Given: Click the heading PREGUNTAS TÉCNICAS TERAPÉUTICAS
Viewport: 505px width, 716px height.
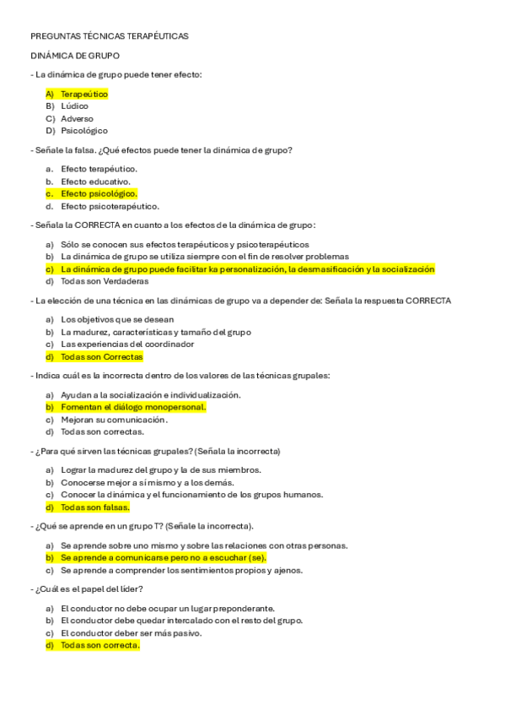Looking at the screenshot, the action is click(x=110, y=36).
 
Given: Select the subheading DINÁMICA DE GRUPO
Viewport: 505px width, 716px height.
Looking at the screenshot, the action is click(x=75, y=55).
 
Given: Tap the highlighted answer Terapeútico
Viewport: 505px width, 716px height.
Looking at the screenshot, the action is click(x=84, y=94).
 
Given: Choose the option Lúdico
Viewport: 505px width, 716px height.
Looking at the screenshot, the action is click(x=74, y=106).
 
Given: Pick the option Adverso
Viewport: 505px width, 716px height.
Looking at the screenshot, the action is click(x=77, y=119).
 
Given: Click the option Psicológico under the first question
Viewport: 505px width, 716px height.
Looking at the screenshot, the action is click(x=84, y=131).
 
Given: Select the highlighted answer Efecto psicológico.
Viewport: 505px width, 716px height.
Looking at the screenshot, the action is click(x=99, y=193).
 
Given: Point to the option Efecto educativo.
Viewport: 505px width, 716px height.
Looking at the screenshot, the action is click(x=95, y=182).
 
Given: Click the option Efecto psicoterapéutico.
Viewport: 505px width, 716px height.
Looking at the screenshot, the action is click(x=110, y=206).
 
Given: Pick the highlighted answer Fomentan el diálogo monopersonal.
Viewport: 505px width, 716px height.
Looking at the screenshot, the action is click(x=133, y=407).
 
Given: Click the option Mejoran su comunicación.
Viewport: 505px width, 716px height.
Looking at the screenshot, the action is click(x=114, y=419).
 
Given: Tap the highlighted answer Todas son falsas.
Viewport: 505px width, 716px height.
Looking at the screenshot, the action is click(x=94, y=507).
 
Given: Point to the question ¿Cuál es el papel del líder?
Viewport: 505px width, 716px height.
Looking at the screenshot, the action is click(x=89, y=589).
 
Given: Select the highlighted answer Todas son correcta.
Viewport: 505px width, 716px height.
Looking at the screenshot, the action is click(x=99, y=645).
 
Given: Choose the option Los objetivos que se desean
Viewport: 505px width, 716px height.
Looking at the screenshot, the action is click(x=117, y=319).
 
